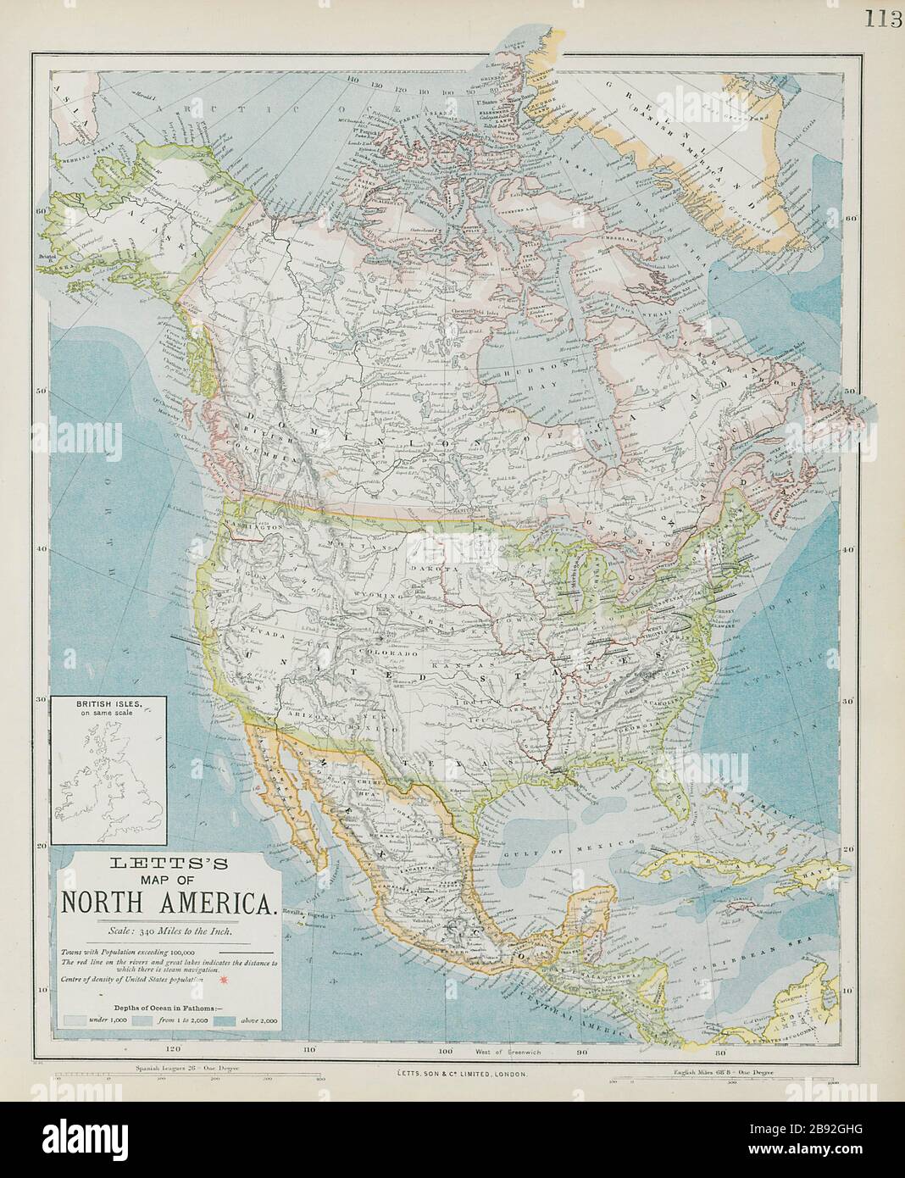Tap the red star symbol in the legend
click(x=223, y=981)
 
